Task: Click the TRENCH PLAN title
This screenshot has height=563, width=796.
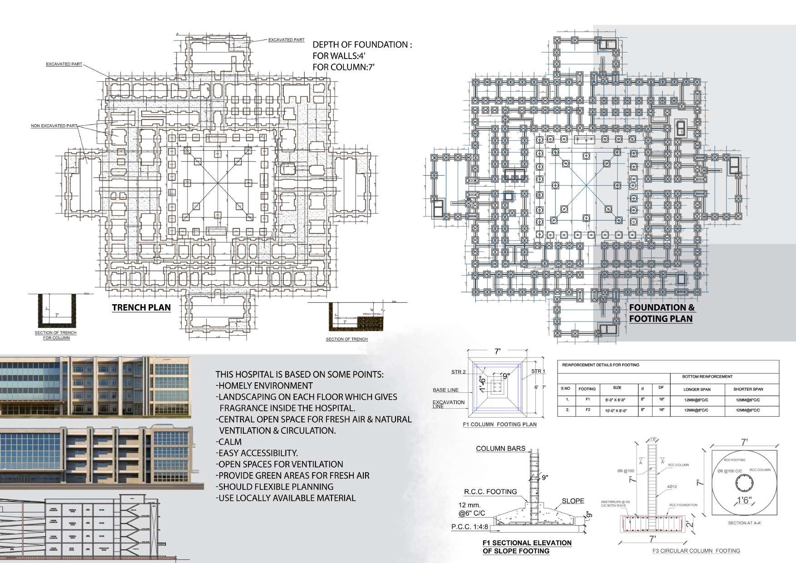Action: click(141, 307)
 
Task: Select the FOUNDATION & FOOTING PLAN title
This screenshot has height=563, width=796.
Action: click(662, 313)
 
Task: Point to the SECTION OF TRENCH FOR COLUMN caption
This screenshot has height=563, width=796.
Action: click(55, 335)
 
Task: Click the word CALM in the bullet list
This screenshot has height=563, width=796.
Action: click(230, 442)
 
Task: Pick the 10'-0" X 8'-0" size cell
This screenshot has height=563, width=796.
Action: click(617, 410)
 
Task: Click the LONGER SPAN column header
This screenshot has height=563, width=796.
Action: click(697, 389)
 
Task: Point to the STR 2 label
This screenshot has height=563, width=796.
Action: click(459, 372)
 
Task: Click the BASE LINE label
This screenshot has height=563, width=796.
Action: click(445, 390)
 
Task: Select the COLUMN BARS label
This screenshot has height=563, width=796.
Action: click(500, 449)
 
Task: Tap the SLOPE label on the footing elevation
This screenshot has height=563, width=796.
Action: click(573, 501)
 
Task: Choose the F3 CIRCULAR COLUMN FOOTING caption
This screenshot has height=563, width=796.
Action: click(696, 551)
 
